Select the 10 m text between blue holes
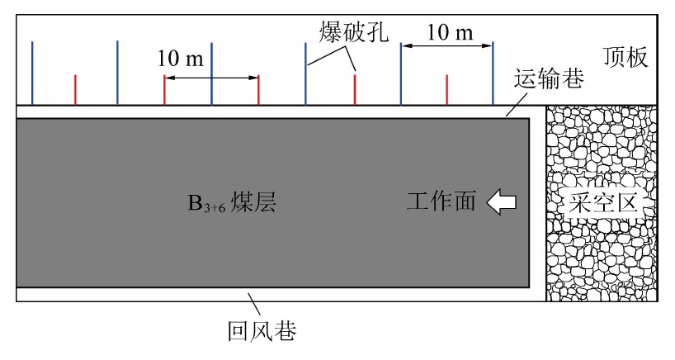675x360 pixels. click(451, 32)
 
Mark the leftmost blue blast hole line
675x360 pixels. click(32, 73)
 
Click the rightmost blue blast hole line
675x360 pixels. click(493, 73)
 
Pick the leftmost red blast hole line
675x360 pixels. click(75, 90)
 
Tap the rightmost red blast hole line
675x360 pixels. click(447, 90)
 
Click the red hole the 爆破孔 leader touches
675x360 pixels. click(355, 90)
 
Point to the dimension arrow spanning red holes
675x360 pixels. click(211, 78)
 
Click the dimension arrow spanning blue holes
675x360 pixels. click(446, 46)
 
